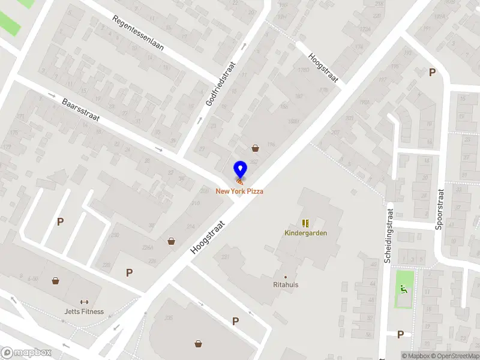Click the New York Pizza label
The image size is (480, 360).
pos(240,191)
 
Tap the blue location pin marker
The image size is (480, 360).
pos(240,170)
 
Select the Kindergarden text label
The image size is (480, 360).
pos(305,233)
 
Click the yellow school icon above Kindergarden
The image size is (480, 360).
pos(305,223)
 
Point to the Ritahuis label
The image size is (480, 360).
pos(285,285)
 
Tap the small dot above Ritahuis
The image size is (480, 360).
pos(285,277)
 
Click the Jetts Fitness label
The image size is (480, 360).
pos(84,311)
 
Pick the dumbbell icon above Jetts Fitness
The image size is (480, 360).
pos(84,302)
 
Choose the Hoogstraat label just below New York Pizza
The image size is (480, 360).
pos(208,239)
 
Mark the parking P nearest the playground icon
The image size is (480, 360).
pos(400,334)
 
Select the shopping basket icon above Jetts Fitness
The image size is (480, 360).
pos(56,280)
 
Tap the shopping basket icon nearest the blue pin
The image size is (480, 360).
pos(256,148)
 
